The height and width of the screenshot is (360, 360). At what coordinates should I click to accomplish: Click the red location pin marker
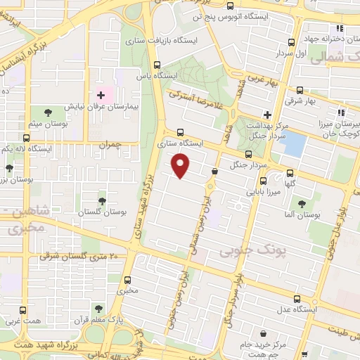181,166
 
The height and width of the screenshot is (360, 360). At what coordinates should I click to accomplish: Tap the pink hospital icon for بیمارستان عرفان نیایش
101,94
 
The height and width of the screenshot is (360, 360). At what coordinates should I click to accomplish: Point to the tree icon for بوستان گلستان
103,201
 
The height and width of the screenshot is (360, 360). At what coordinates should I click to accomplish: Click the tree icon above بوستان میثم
48,112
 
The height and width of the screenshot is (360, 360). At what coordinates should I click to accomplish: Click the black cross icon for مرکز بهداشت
266,114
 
